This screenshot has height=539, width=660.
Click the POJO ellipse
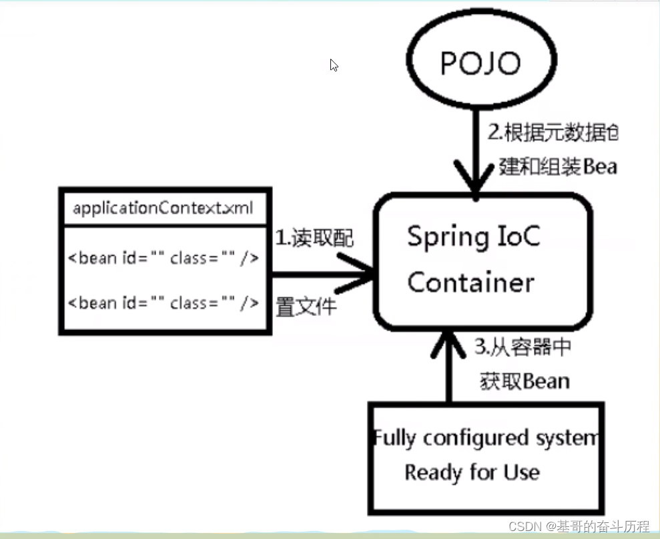tap(480, 63)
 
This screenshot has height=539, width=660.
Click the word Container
tap(470, 282)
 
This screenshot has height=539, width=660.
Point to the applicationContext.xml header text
tap(163, 208)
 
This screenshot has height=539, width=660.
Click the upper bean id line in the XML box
tap(163, 258)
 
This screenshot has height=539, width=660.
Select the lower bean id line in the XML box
tap(163, 303)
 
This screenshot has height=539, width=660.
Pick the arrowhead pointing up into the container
tap(449, 340)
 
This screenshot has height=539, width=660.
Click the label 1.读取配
tap(314, 238)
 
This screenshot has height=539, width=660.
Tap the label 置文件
tap(306, 307)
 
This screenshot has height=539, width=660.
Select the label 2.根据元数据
tap(552, 132)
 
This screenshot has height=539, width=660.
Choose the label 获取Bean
tap(525, 381)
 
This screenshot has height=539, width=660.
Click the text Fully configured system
tap(486, 438)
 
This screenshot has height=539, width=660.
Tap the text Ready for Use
tap(472, 473)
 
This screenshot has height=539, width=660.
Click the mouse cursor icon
tap(334, 65)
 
